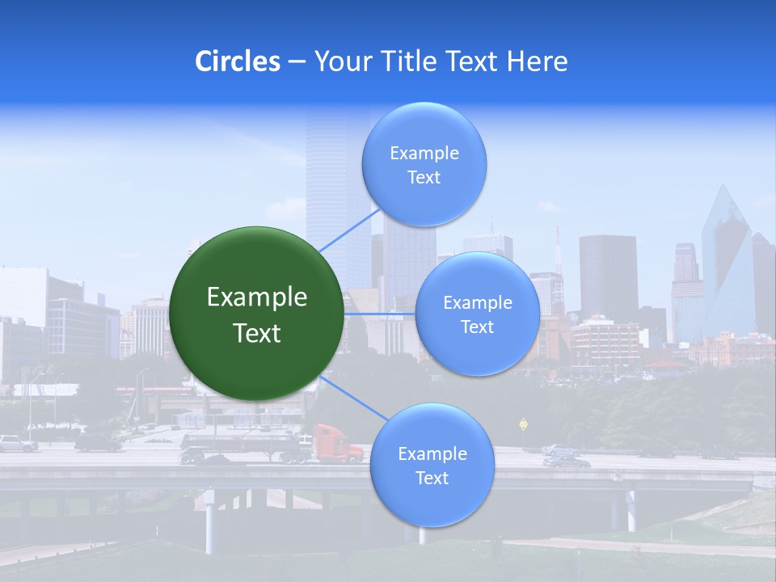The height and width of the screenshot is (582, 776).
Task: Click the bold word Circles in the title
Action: (238, 61)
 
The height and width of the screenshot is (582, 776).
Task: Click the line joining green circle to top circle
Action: (349, 230)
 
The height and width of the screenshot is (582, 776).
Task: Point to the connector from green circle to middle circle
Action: (380, 314)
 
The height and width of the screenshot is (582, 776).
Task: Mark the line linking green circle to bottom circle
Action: (353, 399)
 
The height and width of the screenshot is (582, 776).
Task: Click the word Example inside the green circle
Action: (256, 297)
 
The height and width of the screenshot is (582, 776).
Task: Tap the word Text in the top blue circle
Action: (424, 178)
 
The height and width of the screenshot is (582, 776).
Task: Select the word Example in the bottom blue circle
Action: (432, 454)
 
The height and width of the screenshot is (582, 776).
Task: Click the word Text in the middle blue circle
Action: (477, 327)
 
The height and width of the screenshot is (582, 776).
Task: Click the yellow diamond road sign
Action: (524, 423)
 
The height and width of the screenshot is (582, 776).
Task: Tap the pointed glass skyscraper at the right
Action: (727, 259)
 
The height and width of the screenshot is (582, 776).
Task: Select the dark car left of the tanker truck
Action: (98, 442)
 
